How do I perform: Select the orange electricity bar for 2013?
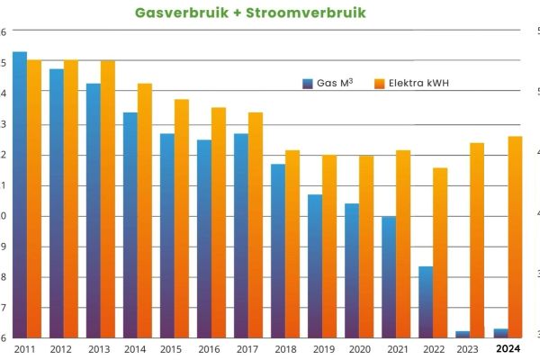[108, 198]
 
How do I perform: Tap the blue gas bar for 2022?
[426, 301]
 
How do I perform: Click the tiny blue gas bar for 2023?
[463, 334]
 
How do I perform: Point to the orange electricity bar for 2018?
[292, 243]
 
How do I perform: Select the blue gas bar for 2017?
[241, 234]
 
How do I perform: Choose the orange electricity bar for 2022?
[440, 252]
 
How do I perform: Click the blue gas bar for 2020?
[352, 270]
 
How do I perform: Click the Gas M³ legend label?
[335, 84]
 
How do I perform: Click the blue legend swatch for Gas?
[308, 84]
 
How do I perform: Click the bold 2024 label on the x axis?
[508, 349]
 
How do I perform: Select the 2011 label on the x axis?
[25, 349]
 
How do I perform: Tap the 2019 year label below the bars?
[322, 349]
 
